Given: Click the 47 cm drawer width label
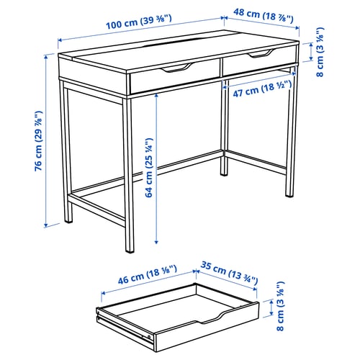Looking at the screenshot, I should tap(256, 89).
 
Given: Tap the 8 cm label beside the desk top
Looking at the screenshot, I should tap(320, 50).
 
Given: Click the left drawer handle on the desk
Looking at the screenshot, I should tap(176, 68).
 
